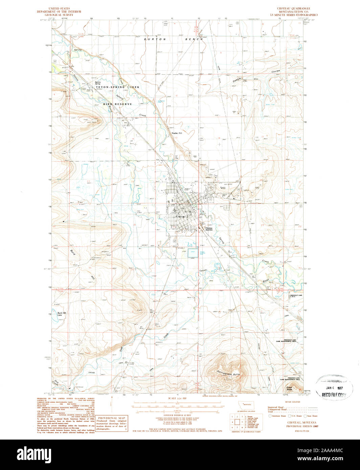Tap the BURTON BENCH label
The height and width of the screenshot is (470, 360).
[x=173, y=39]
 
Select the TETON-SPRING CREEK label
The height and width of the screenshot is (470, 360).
[x=117, y=87]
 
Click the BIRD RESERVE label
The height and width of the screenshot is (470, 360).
[x=117, y=104]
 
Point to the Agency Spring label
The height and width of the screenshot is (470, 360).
[x=98, y=83]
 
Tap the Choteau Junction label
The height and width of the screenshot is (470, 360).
[x=209, y=229]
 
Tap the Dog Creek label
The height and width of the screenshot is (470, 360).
[x=55, y=382]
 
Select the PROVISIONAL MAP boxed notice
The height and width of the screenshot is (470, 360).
[x=111, y=425]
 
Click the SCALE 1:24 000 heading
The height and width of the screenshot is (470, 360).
[x=177, y=399]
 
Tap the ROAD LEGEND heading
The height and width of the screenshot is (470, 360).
[x=293, y=402]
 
